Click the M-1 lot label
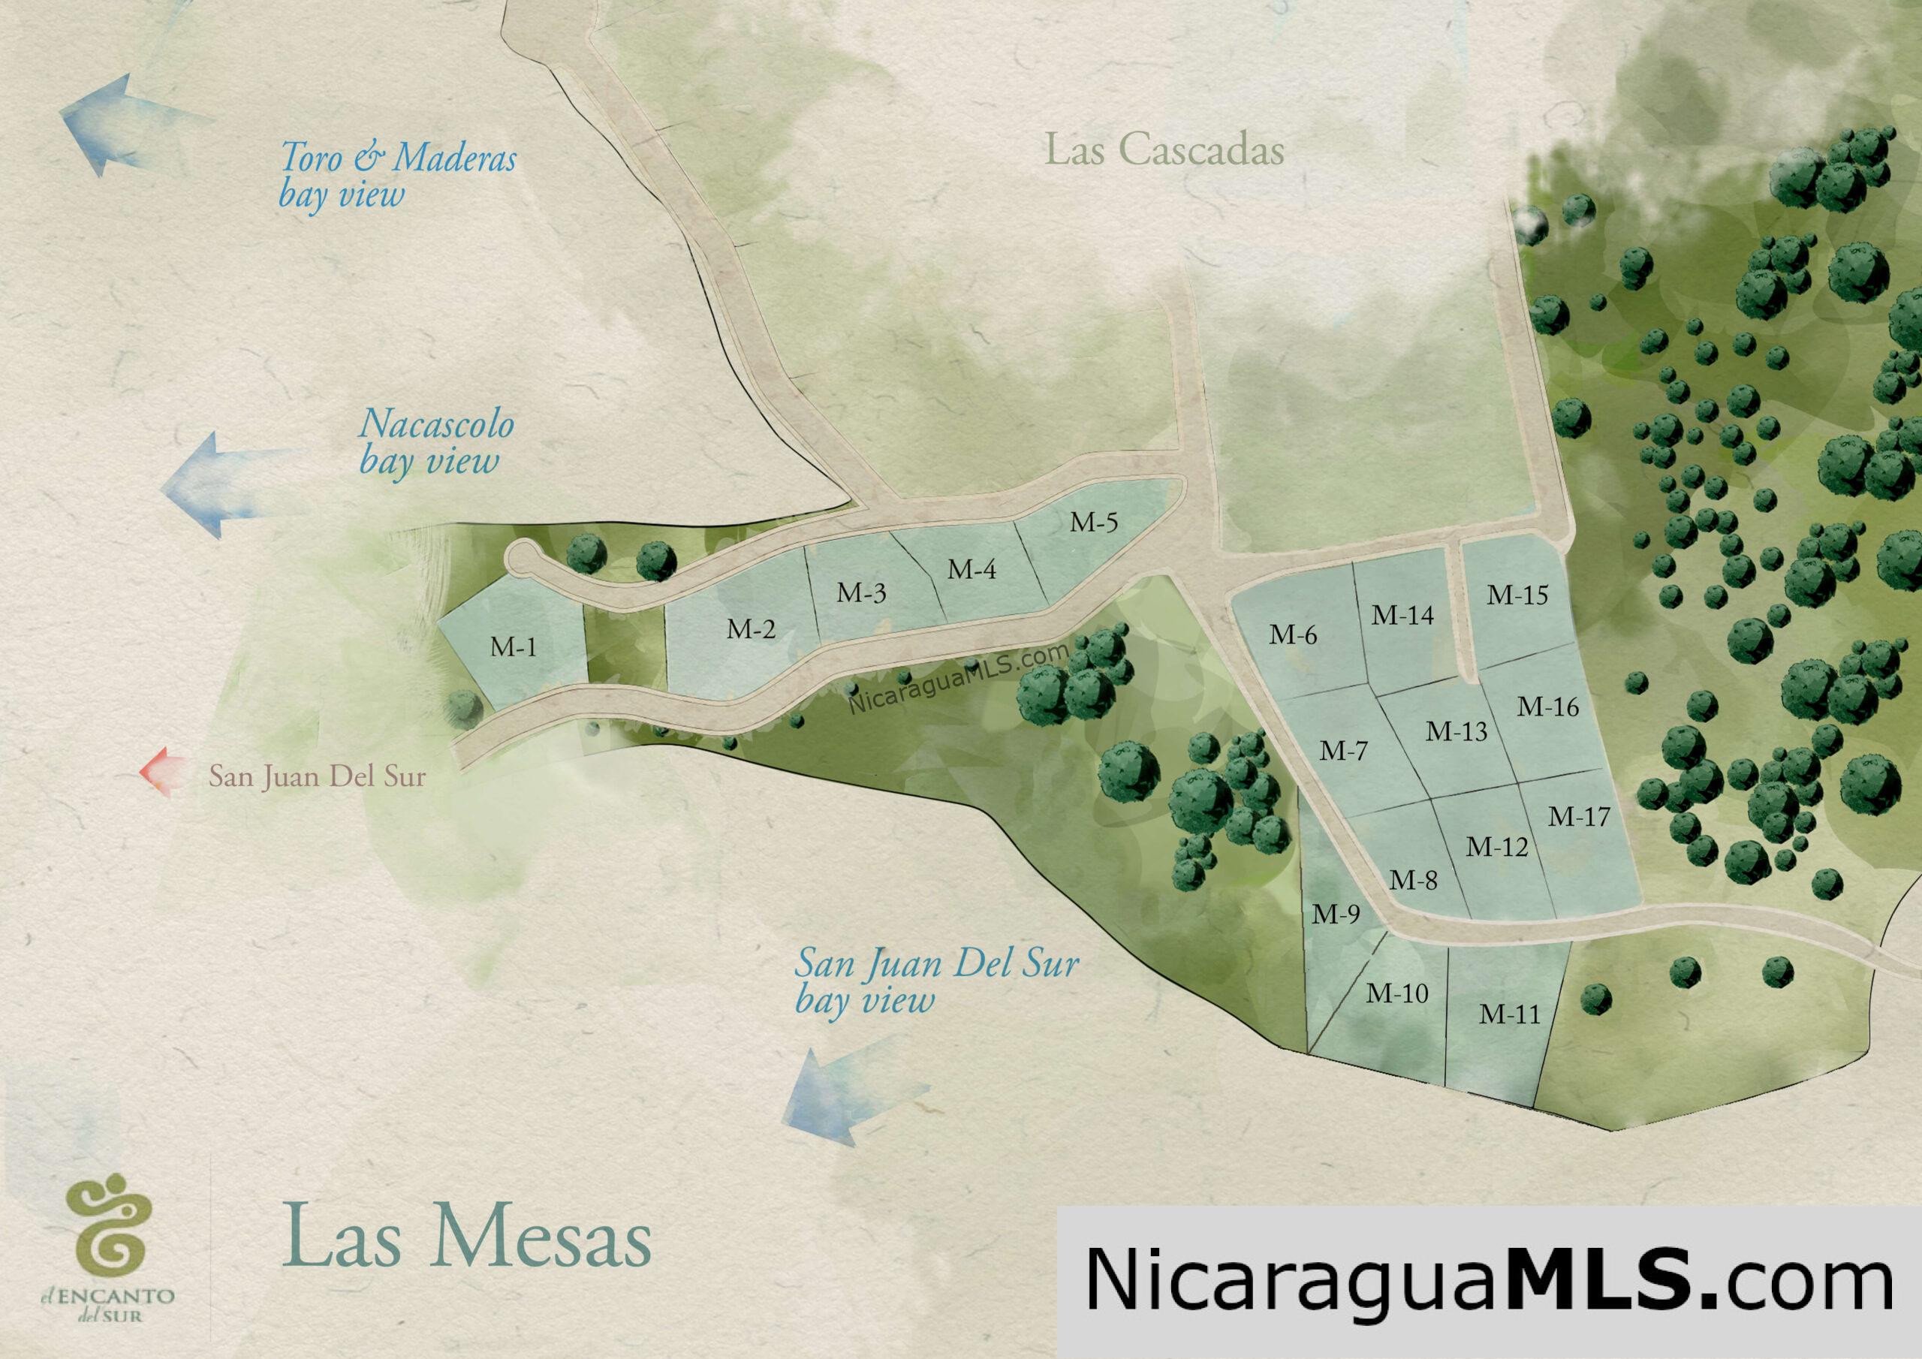513,647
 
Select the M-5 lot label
1094,523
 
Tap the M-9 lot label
1336,915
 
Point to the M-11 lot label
1509,1014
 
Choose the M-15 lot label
1517,595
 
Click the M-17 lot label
1579,816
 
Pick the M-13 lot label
1457,732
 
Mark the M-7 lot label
1344,751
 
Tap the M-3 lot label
861,594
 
